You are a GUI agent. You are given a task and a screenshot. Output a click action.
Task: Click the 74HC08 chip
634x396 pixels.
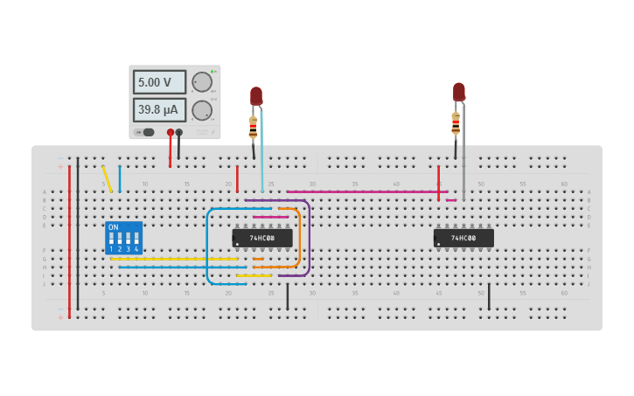coord(261,238)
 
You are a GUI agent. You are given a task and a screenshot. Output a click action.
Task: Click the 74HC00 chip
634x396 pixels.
coord(463,238)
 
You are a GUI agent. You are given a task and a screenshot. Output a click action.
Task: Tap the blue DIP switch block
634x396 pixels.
coord(123,239)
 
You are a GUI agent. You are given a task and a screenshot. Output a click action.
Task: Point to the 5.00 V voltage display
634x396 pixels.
coord(159,82)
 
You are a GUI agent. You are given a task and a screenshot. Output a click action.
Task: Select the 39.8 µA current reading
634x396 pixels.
coord(159,110)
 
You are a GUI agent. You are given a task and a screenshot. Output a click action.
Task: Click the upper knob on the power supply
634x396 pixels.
coord(202,82)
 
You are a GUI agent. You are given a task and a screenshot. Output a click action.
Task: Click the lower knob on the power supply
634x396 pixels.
coord(202,110)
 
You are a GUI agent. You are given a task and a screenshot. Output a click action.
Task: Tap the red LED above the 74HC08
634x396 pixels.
coord(255,95)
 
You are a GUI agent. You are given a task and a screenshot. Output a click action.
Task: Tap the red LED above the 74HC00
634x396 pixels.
coord(459,91)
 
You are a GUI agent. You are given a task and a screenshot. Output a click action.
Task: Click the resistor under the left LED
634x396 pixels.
coord(254,128)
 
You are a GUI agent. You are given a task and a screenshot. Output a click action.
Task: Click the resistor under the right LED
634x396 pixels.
coord(456,123)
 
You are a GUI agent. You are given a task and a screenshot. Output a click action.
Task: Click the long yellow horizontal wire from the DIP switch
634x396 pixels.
coord(175,259)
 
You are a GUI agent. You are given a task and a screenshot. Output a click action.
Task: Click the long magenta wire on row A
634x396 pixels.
coord(367,191)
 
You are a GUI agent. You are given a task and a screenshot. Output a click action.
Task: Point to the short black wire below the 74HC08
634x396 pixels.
coord(287,295)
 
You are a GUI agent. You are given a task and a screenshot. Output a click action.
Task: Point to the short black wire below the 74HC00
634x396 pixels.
coord(489,295)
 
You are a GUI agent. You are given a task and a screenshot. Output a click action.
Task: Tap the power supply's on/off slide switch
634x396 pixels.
coord(148,132)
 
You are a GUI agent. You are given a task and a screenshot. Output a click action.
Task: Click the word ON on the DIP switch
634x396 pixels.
coord(113,227)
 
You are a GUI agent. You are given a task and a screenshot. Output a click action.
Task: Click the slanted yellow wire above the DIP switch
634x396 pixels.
coord(107,178)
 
